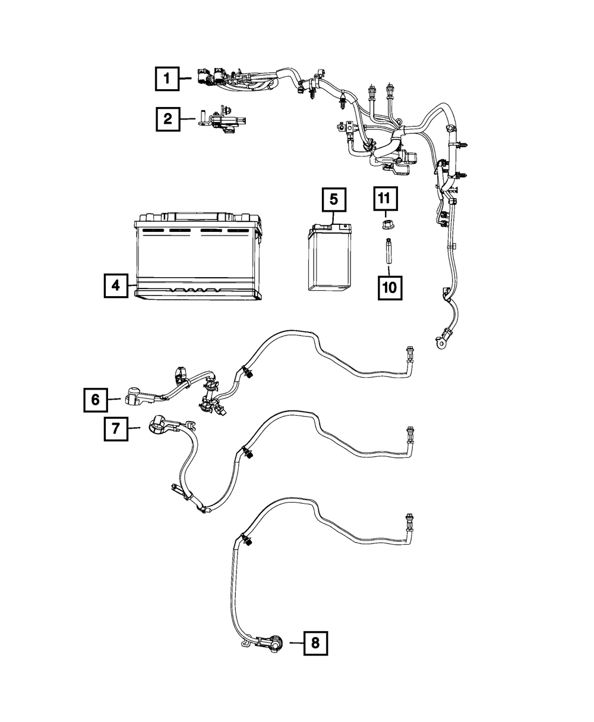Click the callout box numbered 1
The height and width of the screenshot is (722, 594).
point(168,78)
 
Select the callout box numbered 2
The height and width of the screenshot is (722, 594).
point(168,119)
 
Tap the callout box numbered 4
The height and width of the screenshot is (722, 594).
point(115,285)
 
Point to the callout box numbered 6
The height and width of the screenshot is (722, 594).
point(96,400)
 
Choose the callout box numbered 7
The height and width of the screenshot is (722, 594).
point(116,428)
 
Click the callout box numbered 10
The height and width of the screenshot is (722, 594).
point(390,287)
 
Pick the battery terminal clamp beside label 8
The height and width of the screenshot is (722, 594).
point(272,643)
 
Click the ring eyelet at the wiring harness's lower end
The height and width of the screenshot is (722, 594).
point(442,342)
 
